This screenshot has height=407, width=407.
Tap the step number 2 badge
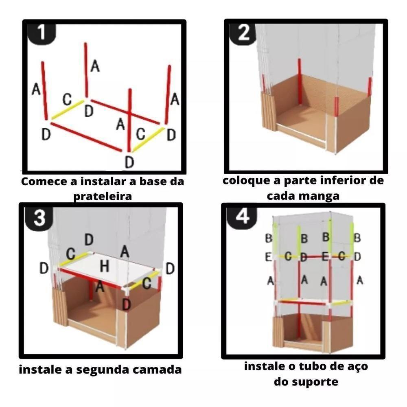click(243, 33)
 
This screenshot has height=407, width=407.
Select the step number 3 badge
click(39, 219)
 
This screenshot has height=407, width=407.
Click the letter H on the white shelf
click(104, 267)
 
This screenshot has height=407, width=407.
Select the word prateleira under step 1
click(103, 196)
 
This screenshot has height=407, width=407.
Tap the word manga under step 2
click(324, 195)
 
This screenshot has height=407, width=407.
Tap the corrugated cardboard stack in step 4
click(278, 332)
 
